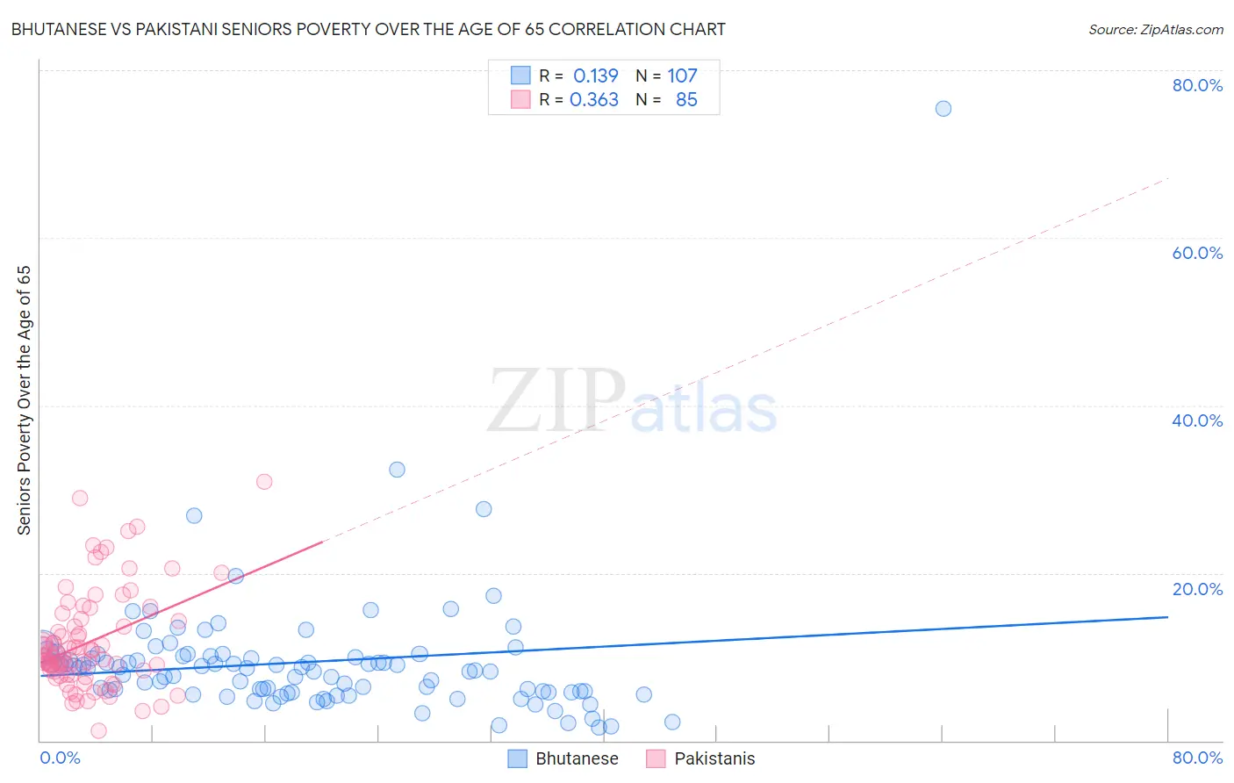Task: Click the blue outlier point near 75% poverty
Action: (943, 109)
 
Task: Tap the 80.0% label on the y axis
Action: (1197, 85)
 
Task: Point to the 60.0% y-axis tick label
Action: (1197, 253)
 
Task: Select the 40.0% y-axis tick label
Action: (1197, 420)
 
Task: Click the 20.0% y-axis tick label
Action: (1197, 588)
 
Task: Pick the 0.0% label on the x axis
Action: (60, 758)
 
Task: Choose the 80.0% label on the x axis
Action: (1197, 758)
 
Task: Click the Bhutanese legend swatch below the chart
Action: (518, 758)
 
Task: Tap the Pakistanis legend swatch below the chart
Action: (656, 758)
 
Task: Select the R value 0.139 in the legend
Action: (595, 76)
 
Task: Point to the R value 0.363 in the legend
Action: (594, 100)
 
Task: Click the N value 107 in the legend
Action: (682, 76)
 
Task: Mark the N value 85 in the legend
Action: (686, 100)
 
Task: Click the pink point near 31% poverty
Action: (264, 481)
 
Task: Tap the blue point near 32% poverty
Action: (397, 470)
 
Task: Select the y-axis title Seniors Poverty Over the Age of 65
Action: (25, 400)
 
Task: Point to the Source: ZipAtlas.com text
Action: (1155, 29)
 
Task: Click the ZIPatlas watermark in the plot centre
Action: (632, 401)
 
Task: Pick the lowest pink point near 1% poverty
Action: (99, 730)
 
